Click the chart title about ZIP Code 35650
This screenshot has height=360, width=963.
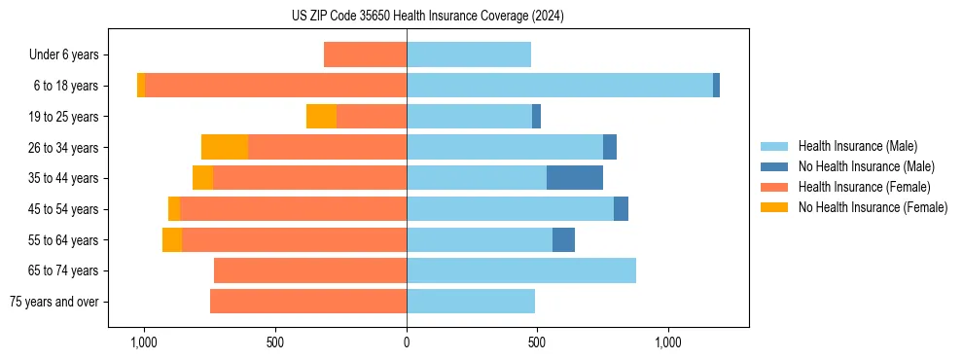coord(427,17)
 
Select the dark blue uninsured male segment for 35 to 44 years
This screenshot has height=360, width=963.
coord(574,178)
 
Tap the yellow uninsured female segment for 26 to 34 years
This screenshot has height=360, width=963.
coord(225,147)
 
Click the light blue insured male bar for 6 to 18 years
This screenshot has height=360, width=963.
coord(559,86)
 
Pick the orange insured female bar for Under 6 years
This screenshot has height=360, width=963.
coord(365,54)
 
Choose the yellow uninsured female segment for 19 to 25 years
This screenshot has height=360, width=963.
coord(321,117)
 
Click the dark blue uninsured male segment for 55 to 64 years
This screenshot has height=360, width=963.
coord(563,239)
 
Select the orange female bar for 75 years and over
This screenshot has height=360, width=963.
coord(308,302)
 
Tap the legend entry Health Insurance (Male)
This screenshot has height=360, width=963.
coord(857,146)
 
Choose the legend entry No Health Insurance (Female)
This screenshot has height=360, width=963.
coord(873,207)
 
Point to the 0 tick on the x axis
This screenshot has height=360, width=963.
coord(407,343)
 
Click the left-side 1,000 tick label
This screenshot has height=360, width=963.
coord(144,343)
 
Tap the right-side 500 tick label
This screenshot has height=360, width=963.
coord(538,343)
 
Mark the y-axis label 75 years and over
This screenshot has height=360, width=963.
coord(54,302)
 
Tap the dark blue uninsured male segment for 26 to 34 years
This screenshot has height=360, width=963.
coord(610,147)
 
